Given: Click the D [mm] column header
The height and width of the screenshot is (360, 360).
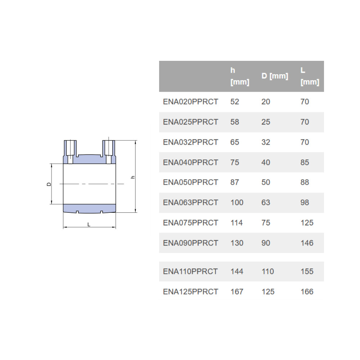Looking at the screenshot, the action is pyautogui.click(x=275, y=76).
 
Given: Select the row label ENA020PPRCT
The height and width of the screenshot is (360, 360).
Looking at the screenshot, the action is pyautogui.click(x=190, y=102).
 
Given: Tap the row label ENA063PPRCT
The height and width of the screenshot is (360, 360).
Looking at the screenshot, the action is pyautogui.click(x=190, y=202).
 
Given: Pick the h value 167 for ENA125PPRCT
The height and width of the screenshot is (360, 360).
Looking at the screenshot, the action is pyautogui.click(x=237, y=292).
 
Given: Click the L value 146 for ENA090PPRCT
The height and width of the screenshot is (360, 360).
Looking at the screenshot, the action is pyautogui.click(x=307, y=243).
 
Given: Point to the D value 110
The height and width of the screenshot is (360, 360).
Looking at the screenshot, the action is pyautogui.click(x=268, y=271).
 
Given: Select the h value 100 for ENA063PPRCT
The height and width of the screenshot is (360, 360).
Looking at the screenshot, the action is pyautogui.click(x=237, y=202).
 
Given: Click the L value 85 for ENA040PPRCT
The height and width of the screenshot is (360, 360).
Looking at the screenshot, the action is pyautogui.click(x=305, y=162).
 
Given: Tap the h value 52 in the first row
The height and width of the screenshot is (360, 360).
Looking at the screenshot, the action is pyautogui.click(x=235, y=102).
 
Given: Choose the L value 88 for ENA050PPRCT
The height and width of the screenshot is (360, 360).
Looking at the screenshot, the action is pyautogui.click(x=305, y=182).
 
